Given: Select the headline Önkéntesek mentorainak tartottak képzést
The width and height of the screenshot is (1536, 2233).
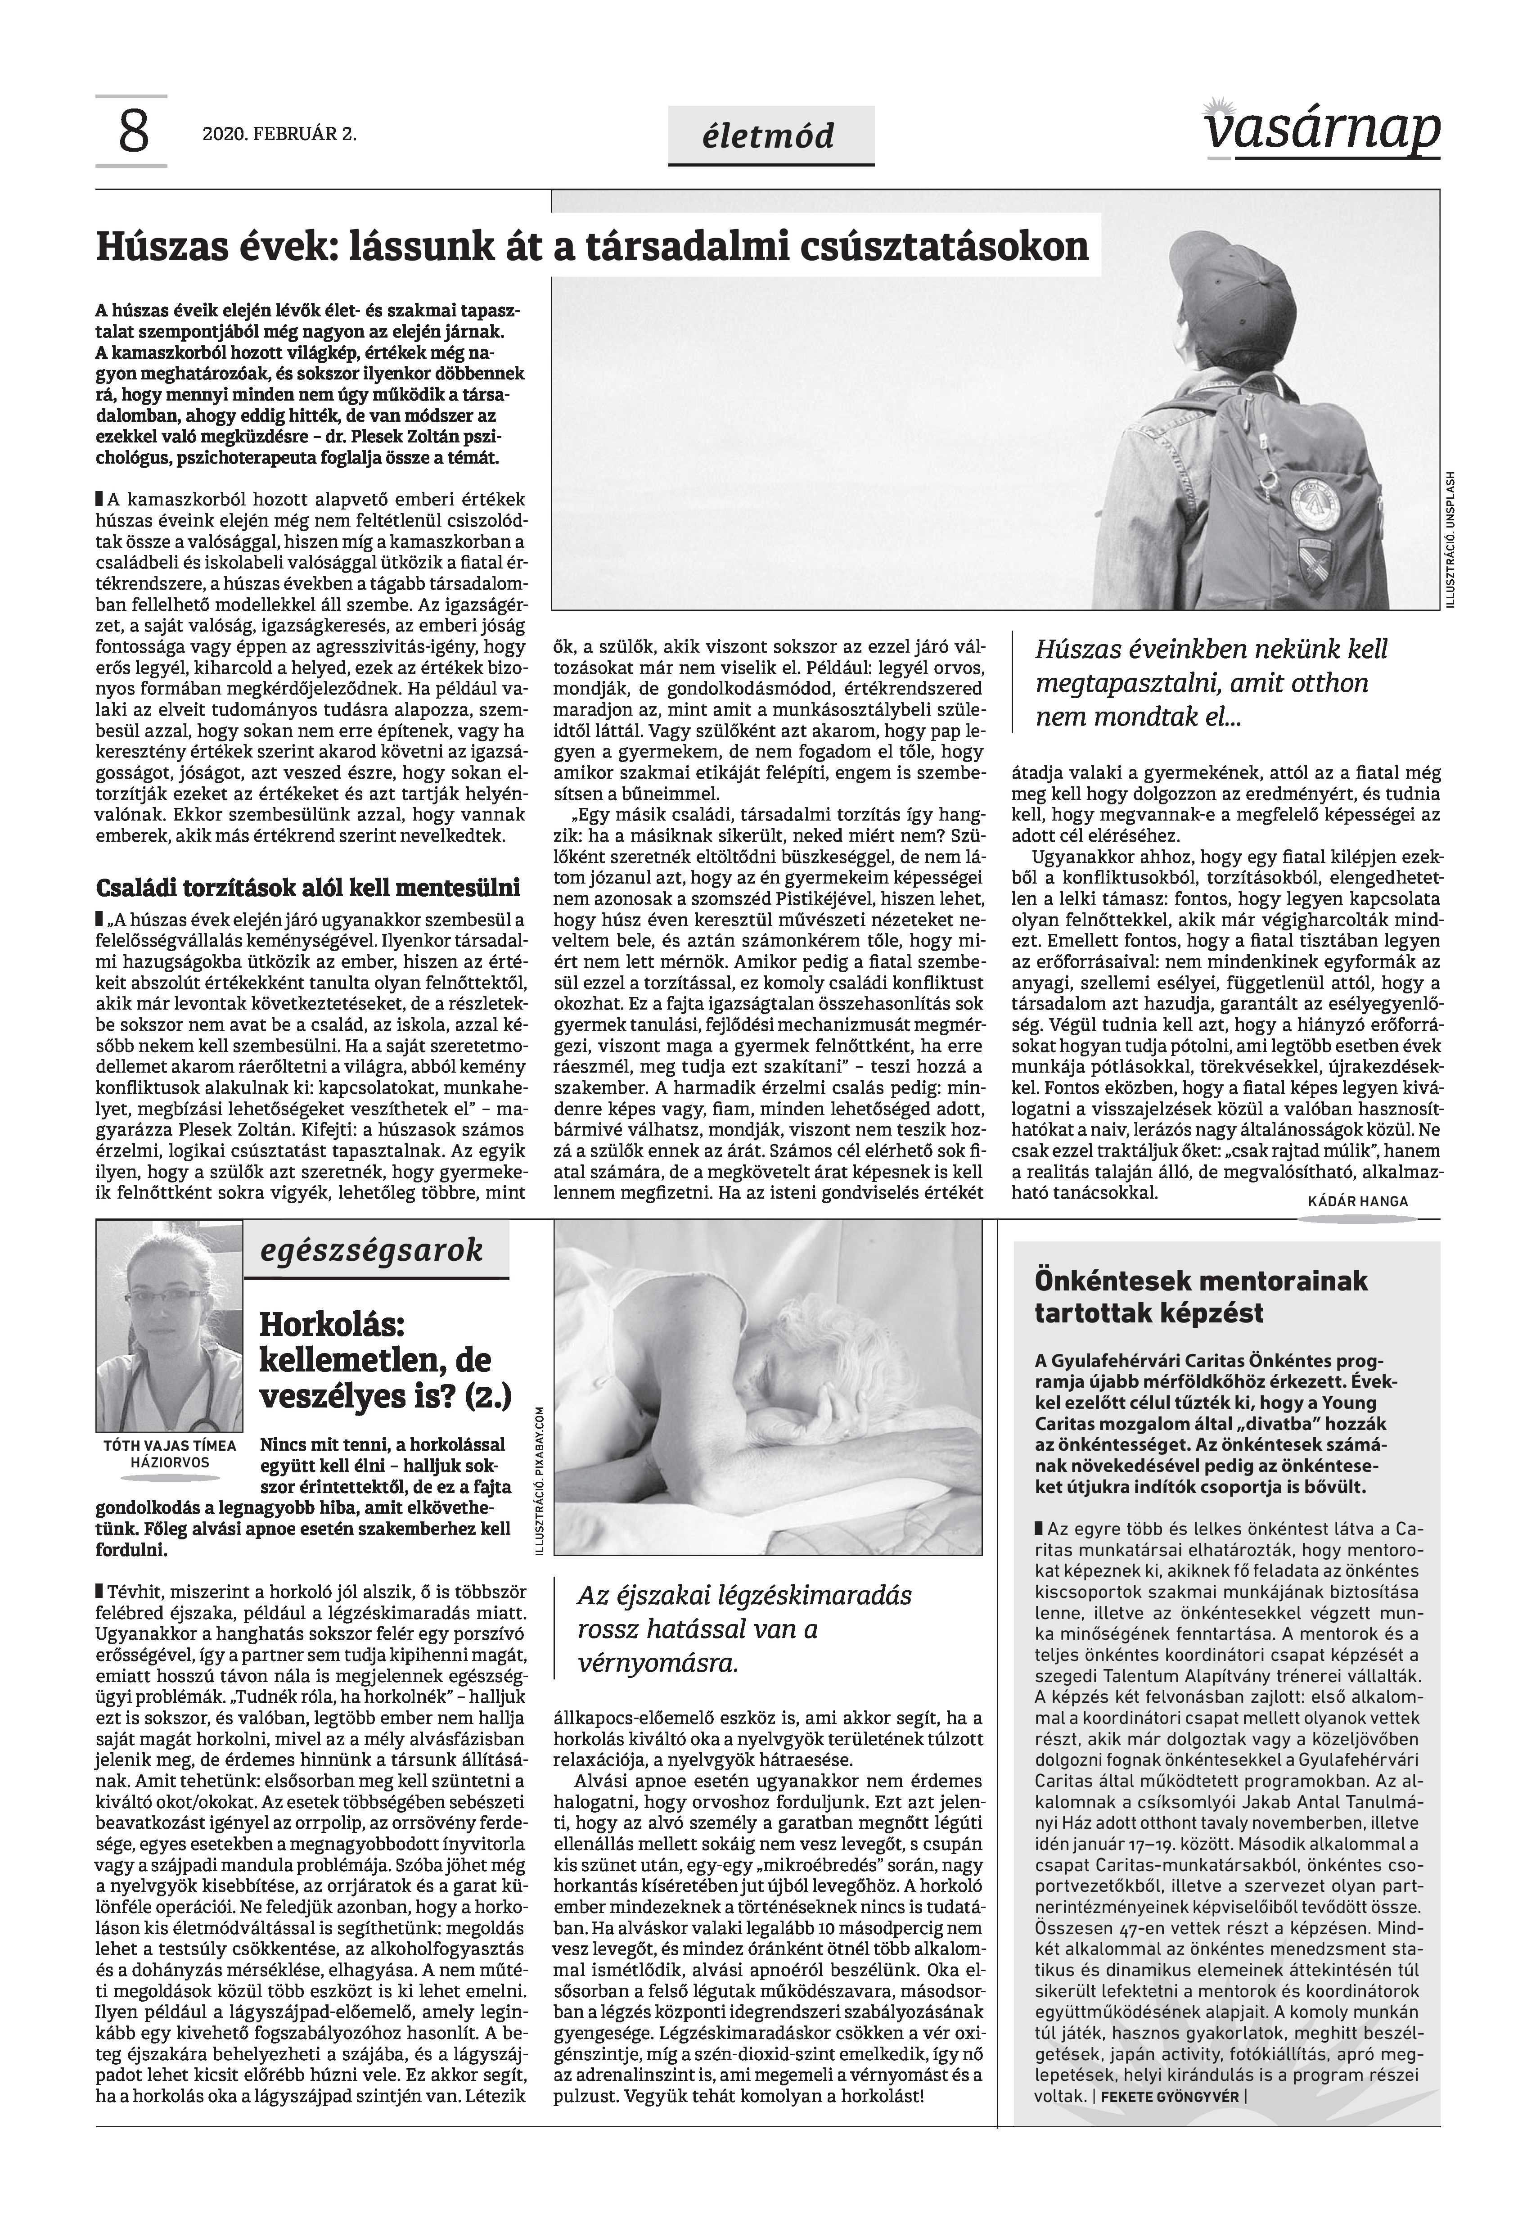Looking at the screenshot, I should click(1201, 1296).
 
